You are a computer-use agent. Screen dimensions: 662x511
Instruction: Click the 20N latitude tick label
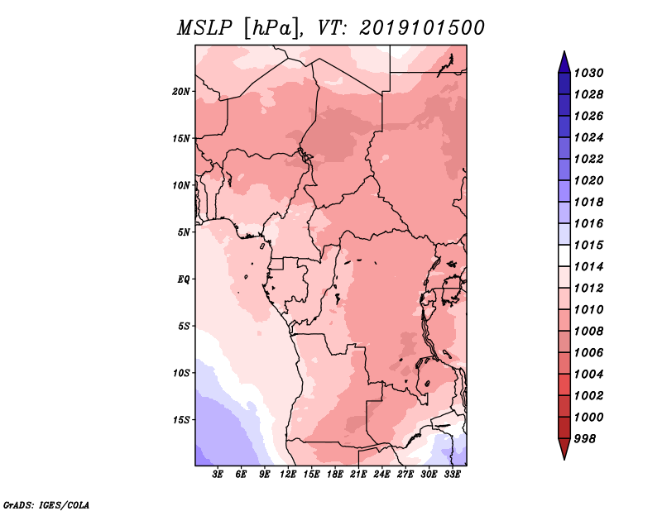(181, 92)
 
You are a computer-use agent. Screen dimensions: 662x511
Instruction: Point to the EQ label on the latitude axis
(183, 279)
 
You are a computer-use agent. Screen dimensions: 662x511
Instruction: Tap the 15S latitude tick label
(181, 420)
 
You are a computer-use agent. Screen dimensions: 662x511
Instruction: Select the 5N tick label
(184, 232)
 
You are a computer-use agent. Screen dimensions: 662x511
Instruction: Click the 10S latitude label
(181, 373)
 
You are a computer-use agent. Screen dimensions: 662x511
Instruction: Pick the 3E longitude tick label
(218, 475)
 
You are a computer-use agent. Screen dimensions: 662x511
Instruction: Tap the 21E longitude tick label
(358, 475)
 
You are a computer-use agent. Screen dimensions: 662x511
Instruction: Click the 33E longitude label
(452, 475)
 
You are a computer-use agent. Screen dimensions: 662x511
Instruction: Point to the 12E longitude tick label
(288, 475)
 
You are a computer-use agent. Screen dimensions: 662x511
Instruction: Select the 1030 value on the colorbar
(588, 73)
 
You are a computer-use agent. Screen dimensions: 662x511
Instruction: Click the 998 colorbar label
(585, 439)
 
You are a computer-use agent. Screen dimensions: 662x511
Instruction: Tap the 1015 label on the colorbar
(588, 245)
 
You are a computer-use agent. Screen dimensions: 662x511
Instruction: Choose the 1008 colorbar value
(588, 332)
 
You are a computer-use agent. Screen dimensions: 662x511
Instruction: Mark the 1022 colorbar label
(588, 159)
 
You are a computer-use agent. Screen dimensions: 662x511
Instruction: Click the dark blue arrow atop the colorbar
(564, 64)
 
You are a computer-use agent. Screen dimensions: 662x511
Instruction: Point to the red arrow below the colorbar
(564, 448)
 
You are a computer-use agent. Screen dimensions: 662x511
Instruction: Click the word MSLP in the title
(204, 28)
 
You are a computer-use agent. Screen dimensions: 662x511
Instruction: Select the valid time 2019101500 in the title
(422, 28)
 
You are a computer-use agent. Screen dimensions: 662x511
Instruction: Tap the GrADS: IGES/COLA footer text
(46, 504)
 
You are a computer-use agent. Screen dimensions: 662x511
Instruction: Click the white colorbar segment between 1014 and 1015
(564, 255)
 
